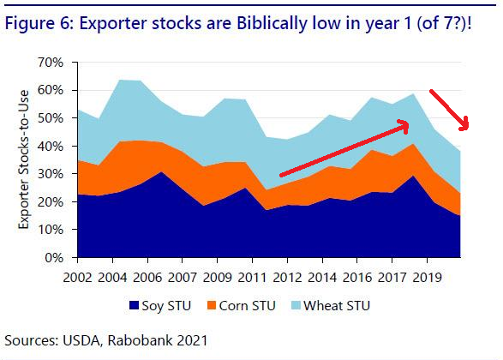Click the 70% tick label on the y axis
tap(51, 63)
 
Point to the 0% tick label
tap(54, 258)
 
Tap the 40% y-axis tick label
tap(51, 147)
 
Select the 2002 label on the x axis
tap(77, 278)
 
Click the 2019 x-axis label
tap(427, 278)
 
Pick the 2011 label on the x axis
tap(252, 278)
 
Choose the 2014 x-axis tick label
tap(322, 278)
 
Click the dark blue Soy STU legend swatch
tap(134, 305)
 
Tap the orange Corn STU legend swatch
tap(212, 305)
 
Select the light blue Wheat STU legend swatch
tap(296, 305)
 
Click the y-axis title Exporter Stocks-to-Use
tap(23, 159)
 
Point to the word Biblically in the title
tap(272, 23)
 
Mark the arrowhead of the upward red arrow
tap(404, 125)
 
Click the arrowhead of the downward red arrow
tap(464, 125)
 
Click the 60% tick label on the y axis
tap(51, 91)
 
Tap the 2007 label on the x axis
tap(183, 278)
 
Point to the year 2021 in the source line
tap(192, 340)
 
